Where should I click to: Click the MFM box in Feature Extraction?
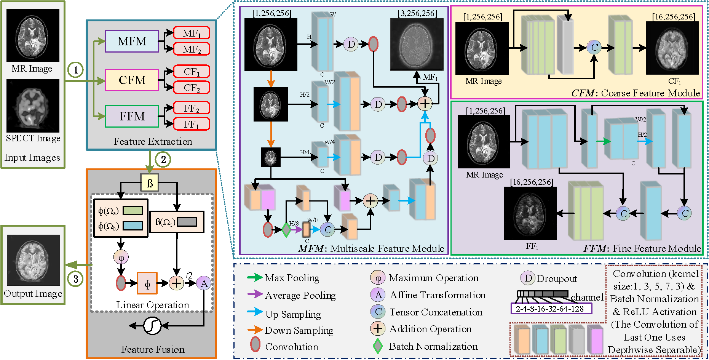pos(132,41)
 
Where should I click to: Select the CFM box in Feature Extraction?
pos(132,80)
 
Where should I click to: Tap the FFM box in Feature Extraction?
pos(132,116)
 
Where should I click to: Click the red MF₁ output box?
pos(192,33)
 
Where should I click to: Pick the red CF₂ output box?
pos(192,88)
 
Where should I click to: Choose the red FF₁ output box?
pos(192,124)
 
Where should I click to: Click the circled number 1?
pos(75,70)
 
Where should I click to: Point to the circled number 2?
pos(163,159)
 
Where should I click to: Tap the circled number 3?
pos(75,279)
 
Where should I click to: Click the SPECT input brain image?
pos(33,106)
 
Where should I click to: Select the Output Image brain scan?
pos(34,260)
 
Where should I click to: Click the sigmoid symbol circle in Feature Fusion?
pos(152,326)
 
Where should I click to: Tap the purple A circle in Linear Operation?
pos(204,283)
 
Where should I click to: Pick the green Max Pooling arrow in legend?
pos(255,278)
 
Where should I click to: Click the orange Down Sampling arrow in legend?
pos(255,330)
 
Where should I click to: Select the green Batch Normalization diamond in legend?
pos(377,346)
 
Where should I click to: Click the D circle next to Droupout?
pos(528,278)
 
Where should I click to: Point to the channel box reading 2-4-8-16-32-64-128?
pos(551,309)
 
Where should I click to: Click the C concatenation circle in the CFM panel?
pos(594,47)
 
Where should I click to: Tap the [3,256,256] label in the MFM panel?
pos(417,13)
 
